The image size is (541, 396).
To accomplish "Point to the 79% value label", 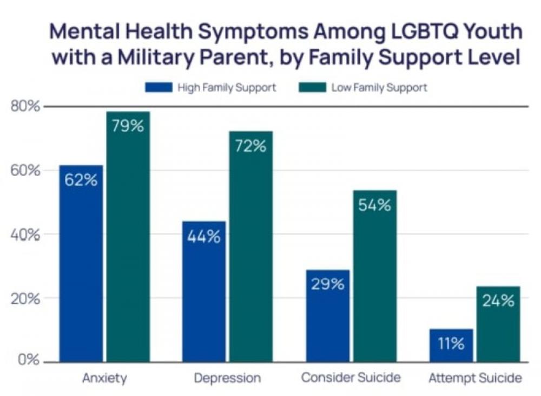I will tap(128, 127).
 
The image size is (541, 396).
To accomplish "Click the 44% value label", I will tap(204, 237).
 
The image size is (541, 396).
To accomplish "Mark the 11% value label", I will tap(451, 343).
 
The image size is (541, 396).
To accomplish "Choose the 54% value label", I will tap(375, 205).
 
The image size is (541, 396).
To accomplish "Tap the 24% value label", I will tap(498, 301).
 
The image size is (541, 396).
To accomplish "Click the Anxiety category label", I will tap(104, 378).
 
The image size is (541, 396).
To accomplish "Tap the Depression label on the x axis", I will tap(227, 378).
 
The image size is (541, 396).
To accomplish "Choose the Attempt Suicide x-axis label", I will tap(476, 378).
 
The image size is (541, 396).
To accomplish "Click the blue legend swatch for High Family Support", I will tap(159, 87).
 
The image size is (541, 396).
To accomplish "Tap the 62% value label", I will tap(81, 180).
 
